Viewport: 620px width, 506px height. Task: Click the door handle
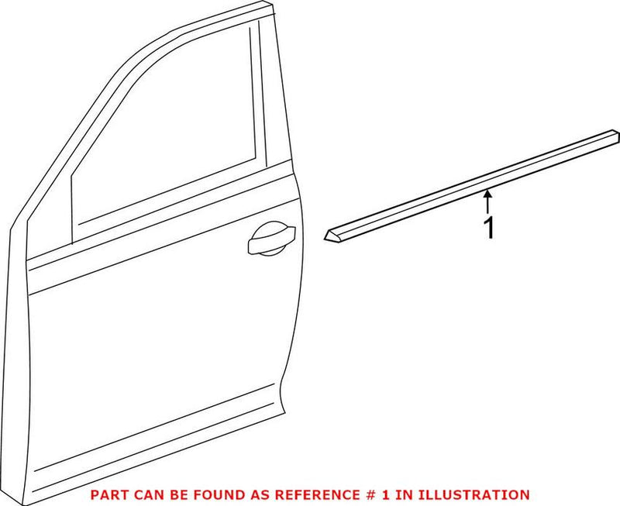tap(271, 238)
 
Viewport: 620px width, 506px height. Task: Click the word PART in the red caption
tap(108, 494)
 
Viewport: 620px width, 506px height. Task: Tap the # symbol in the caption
tap(343, 494)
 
